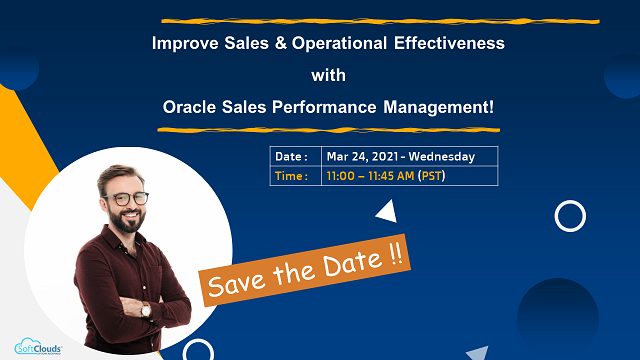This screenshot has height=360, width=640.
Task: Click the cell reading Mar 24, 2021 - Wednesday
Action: (x=400, y=157)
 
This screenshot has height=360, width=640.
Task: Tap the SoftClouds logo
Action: (x=38, y=345)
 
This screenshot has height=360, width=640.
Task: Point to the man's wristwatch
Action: (x=146, y=311)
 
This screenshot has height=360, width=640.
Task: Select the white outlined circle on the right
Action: (x=570, y=215)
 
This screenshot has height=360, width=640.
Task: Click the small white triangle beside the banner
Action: (x=385, y=211)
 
